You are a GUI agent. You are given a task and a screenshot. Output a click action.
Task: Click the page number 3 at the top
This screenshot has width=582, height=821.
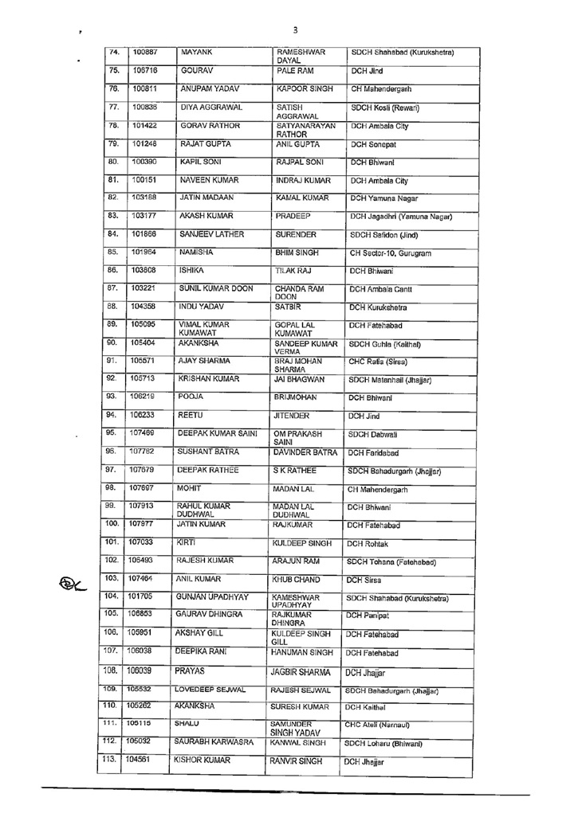(295, 30)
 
